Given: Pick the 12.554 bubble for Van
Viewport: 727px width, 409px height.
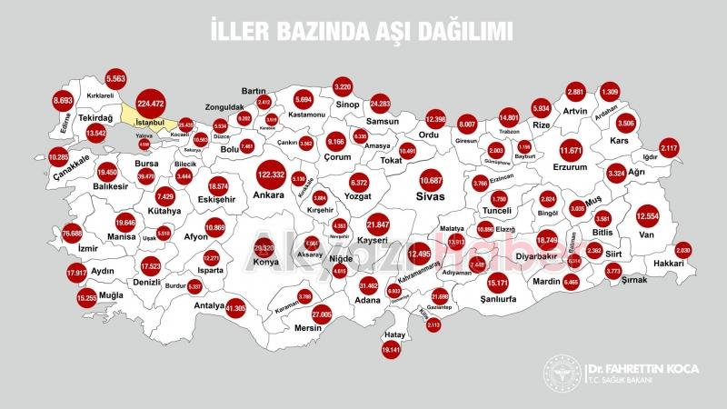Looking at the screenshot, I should [647, 215].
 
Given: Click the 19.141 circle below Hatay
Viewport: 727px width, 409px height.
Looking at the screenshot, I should [392, 349].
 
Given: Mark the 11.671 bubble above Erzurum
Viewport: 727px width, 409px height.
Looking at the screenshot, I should [572, 150].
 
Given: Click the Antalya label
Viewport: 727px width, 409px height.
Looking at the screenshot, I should [209, 305].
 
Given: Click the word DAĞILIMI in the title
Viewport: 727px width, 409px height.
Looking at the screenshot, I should [458, 32].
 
